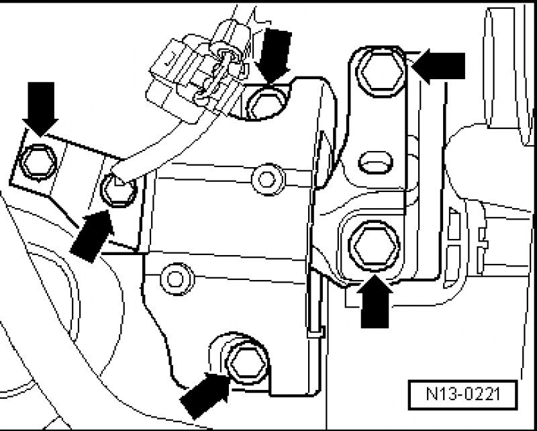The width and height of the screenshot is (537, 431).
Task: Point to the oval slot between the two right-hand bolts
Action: click(x=374, y=160)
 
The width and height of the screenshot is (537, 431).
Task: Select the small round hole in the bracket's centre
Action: click(x=266, y=177)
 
